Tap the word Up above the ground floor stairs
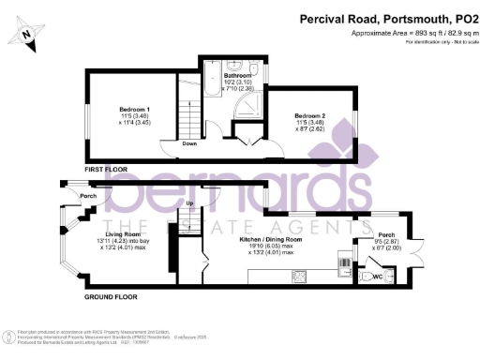click(x=189, y=203)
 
